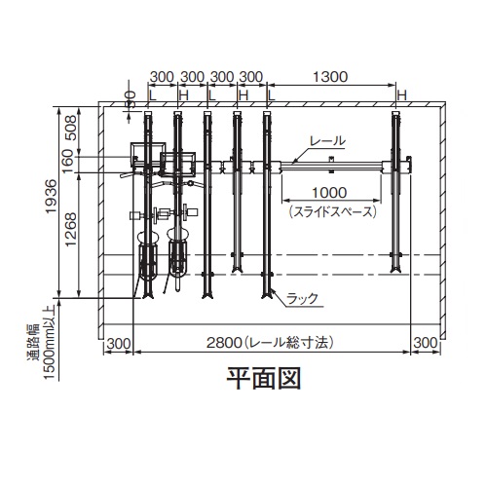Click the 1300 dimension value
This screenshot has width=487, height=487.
point(330,77)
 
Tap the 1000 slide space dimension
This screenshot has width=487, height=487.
point(329,193)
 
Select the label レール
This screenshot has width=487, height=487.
point(327,141)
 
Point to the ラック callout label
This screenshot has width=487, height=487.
point(302,298)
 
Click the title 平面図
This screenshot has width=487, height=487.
point(264,379)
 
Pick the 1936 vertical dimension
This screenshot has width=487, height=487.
point(52,196)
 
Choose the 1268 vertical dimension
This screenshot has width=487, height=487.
point(70,230)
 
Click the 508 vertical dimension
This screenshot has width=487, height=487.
point(71,128)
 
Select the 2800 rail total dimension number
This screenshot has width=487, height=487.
point(224,343)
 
